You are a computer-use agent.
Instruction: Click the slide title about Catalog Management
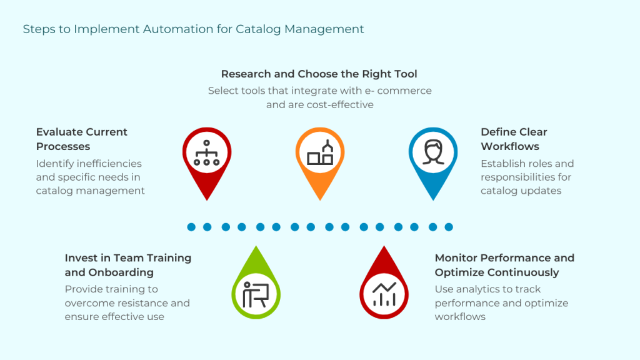point(193,29)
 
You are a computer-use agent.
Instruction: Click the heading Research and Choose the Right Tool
point(319,74)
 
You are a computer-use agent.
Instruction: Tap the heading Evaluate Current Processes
point(81,139)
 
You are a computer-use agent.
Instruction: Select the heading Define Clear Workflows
point(514,139)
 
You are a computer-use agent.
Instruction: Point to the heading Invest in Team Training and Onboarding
point(128,265)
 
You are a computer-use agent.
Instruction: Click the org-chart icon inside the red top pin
point(207,152)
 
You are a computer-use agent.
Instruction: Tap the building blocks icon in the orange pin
point(320,153)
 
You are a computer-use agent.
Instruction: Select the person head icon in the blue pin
point(432,152)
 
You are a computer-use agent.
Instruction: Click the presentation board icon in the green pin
point(256,294)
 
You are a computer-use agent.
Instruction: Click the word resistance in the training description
point(143,303)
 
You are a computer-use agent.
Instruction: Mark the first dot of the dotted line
point(191,227)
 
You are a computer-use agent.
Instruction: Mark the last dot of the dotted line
point(448,227)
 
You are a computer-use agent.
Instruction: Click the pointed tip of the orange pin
point(320,200)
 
